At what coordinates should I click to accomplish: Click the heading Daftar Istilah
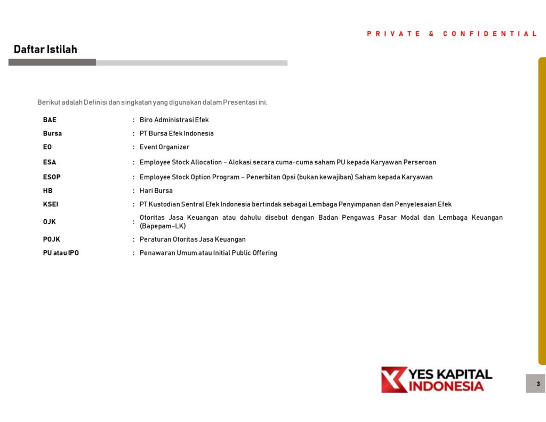pos(45,50)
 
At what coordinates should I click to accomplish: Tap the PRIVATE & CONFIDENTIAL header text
pos(452,34)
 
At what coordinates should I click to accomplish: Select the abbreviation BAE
pos(50,120)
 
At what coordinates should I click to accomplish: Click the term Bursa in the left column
pos(52,133)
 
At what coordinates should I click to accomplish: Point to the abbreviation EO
pos(47,147)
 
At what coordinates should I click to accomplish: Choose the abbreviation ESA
pos(50,162)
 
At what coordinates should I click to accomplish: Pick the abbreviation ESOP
pos(52,177)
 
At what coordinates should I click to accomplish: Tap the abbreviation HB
pos(48,190)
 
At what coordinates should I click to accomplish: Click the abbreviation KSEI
pos(52,204)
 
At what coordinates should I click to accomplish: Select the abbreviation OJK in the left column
pos(50,222)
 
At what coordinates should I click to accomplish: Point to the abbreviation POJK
pos(52,240)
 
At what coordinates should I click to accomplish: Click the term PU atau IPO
pos(61,253)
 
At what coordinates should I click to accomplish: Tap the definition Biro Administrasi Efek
pos(174,120)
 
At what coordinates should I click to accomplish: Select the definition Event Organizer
pos(164,147)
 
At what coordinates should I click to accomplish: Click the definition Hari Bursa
pos(156,190)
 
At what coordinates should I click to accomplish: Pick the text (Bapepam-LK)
pos(163,226)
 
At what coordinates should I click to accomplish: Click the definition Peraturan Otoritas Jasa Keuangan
pos(192,240)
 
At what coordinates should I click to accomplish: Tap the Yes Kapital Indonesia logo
pos(437,379)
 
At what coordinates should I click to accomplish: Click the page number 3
pos(537,384)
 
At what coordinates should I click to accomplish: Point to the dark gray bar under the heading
pos(52,62)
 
